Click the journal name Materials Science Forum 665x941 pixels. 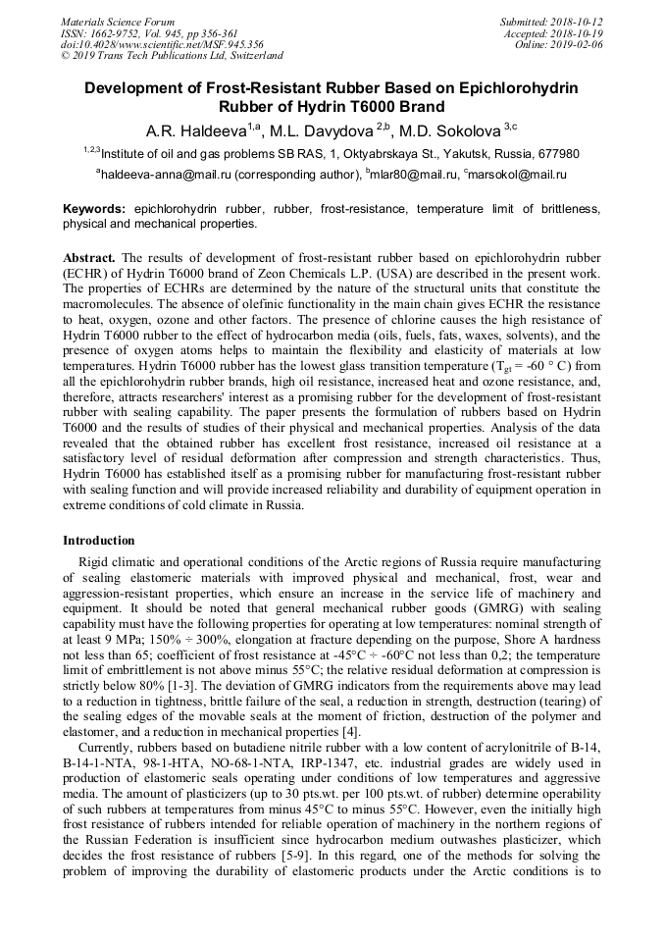(x=118, y=21)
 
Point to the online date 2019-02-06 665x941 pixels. (x=579, y=44)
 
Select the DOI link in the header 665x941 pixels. (x=162, y=44)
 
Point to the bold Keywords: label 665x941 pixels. (x=94, y=210)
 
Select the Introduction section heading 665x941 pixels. (x=99, y=540)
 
